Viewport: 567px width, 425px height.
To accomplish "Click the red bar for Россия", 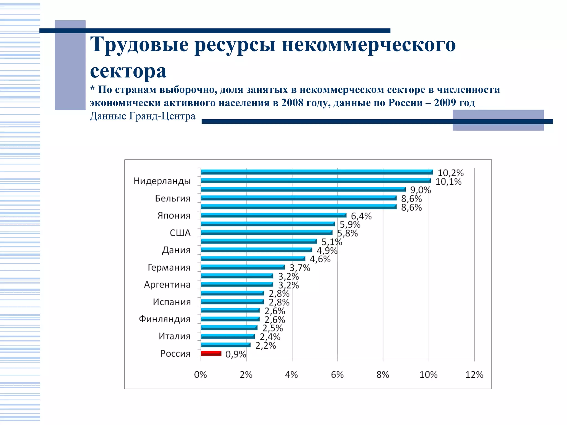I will [211, 353].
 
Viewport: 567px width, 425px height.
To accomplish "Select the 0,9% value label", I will [236, 354].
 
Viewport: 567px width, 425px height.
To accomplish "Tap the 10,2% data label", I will [450, 173].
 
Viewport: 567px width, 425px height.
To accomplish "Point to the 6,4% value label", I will [361, 216].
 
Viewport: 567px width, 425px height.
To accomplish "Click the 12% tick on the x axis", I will [474, 375].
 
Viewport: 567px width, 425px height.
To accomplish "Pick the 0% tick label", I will [200, 375].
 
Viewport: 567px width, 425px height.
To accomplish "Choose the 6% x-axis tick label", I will [337, 375].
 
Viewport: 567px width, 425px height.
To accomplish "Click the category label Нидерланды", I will [162, 181].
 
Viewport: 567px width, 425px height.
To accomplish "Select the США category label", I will [180, 233].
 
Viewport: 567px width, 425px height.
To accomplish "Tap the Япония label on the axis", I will [174, 216].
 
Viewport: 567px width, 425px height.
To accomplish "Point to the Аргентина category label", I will [167, 285].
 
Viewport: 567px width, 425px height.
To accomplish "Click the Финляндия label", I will [164, 319].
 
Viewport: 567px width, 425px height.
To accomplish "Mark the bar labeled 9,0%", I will [303, 190].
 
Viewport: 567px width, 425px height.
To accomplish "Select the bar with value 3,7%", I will [243, 267].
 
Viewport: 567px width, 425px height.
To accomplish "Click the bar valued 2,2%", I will [225, 345].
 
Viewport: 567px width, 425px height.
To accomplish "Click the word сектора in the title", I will [128, 71].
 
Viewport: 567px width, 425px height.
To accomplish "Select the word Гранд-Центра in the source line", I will [162, 116].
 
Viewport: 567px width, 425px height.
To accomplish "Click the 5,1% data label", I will [332, 242].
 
